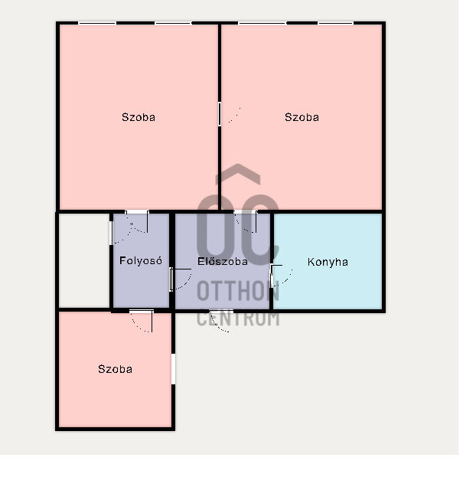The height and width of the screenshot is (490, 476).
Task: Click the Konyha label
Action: pos(328,262)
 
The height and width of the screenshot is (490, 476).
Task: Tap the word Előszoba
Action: pos(223,261)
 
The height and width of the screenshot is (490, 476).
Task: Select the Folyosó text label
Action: pos(141,260)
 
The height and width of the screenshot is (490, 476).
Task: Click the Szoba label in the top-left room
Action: pos(139,117)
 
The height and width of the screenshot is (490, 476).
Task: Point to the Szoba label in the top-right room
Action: pos(302,117)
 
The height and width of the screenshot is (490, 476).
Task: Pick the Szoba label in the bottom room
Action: pos(115,369)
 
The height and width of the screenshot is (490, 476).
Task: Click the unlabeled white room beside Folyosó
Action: pos(83,260)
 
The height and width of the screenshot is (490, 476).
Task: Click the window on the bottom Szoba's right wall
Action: pos(174,369)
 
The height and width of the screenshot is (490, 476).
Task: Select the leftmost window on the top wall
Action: pos(97,23)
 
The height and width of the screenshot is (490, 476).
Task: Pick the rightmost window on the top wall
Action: pos(336,23)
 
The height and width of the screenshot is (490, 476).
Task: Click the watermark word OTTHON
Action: pos(238,291)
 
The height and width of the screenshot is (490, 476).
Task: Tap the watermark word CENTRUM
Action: pos(238,318)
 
